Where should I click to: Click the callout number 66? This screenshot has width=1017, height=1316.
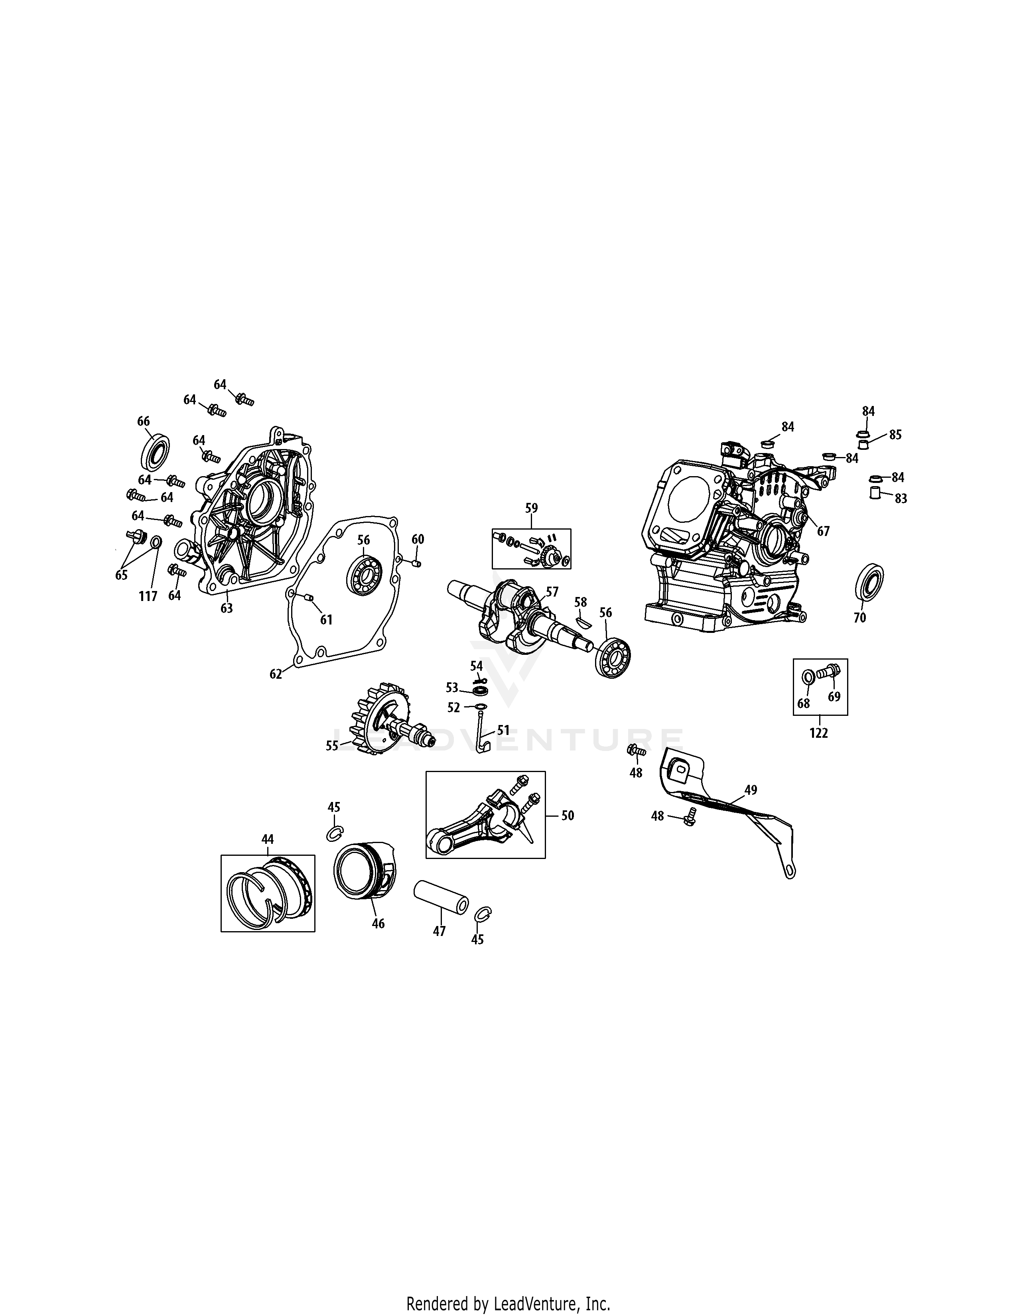(144, 421)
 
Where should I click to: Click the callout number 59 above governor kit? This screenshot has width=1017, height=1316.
(531, 508)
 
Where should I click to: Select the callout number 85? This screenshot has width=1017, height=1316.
(895, 434)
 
